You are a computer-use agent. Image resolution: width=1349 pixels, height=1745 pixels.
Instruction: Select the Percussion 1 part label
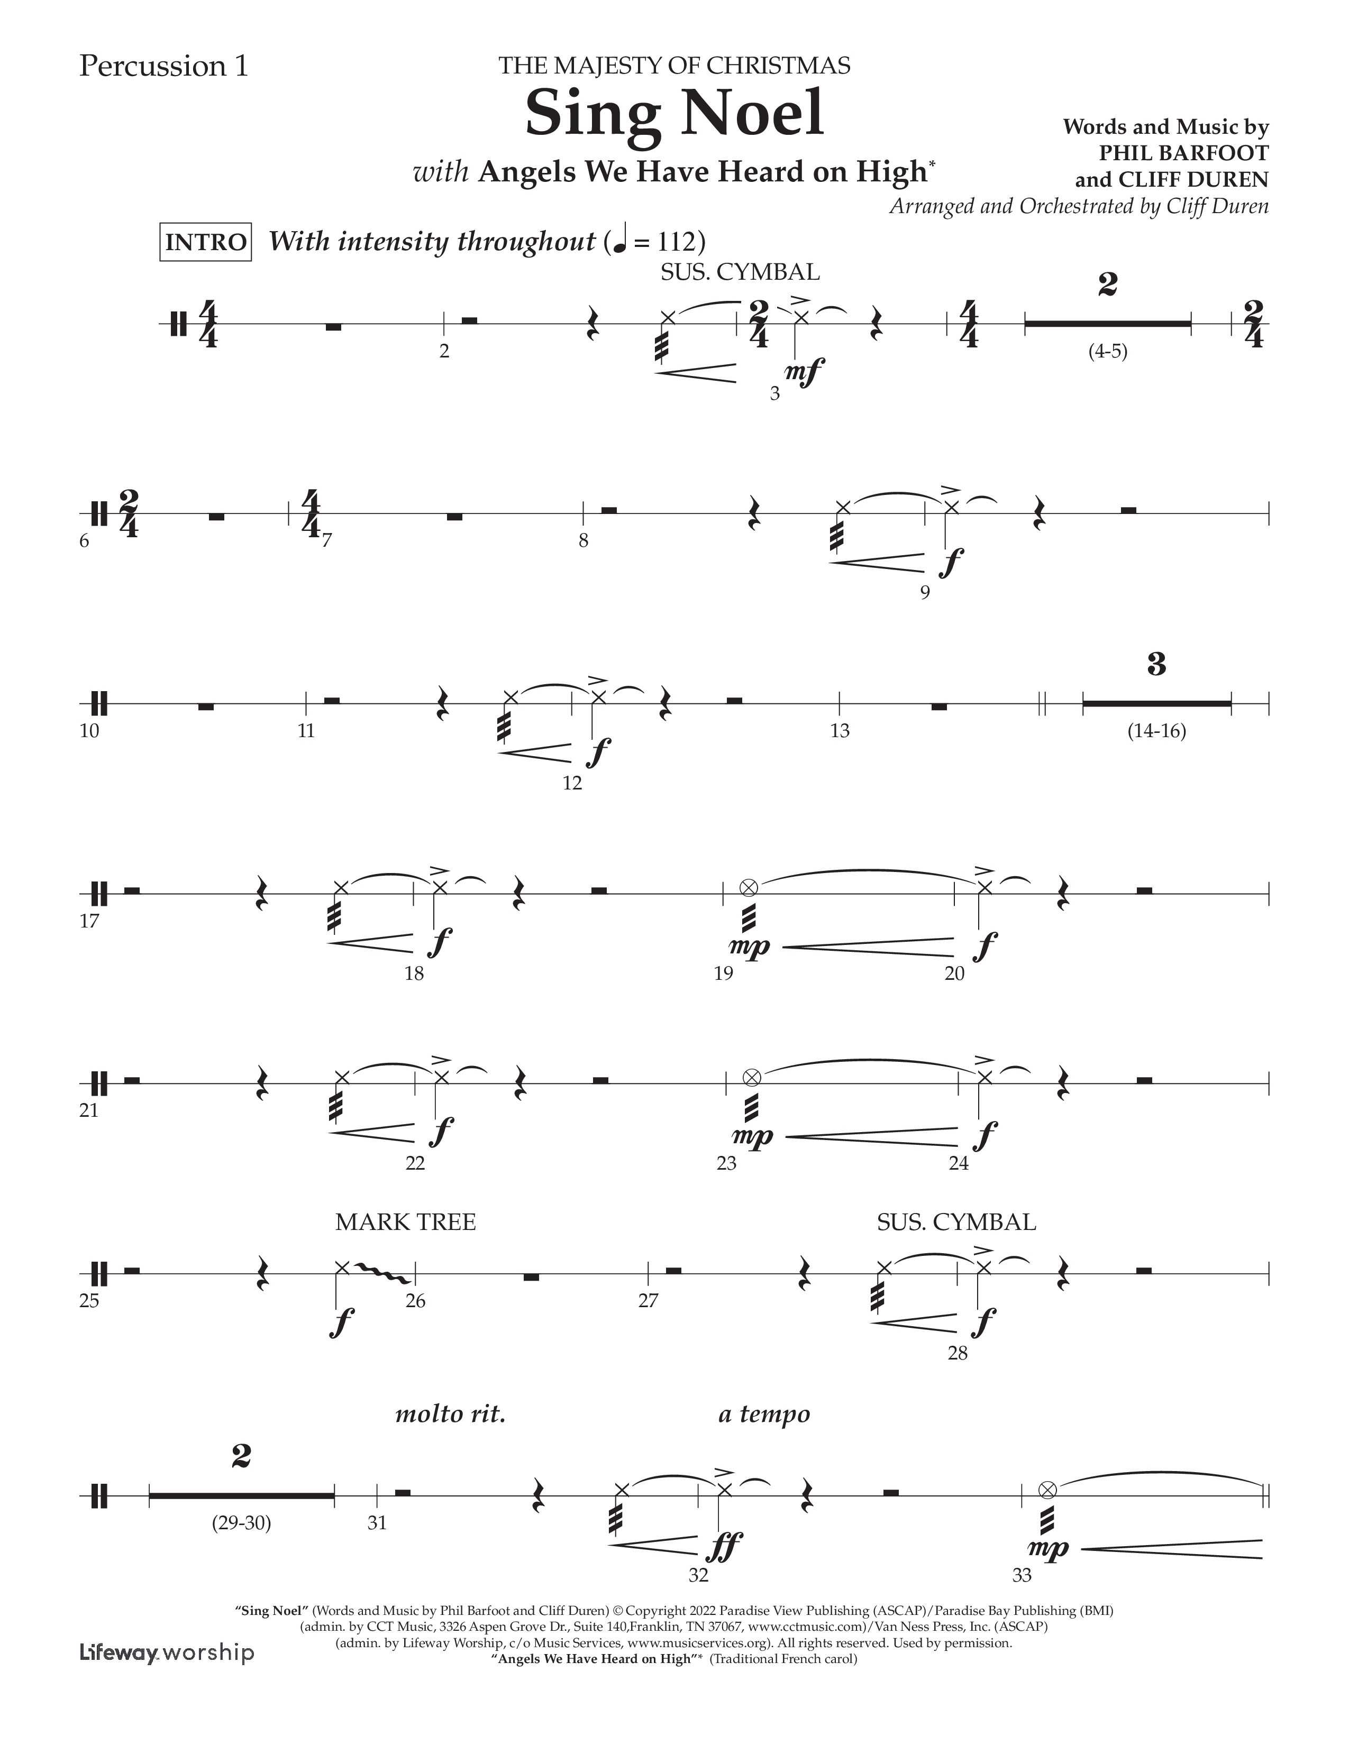(x=164, y=66)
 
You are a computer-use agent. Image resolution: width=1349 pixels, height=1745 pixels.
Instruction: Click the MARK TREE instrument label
(x=405, y=1223)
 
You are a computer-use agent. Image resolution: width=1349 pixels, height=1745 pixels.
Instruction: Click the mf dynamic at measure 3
(x=804, y=372)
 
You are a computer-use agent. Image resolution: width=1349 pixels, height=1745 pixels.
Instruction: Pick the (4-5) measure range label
(x=1108, y=352)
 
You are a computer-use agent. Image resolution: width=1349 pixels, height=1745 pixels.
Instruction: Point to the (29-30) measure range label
(x=241, y=1523)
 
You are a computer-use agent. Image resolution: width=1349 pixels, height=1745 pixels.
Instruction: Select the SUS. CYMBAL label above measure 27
(x=956, y=1223)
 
